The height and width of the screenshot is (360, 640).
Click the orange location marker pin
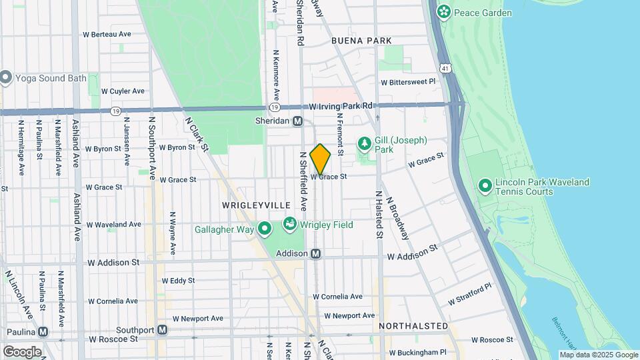point(320,159)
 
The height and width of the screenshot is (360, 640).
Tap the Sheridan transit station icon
point(298,121)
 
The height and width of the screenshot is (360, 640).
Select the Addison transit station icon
point(316,253)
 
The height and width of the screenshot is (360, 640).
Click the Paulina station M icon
point(43,331)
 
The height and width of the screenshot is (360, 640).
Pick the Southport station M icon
point(162,330)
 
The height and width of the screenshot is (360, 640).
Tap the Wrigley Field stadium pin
point(290,224)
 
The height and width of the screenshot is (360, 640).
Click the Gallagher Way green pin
point(265,229)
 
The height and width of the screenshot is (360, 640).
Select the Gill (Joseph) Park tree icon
point(364,143)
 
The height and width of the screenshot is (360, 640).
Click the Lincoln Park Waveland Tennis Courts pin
point(485,185)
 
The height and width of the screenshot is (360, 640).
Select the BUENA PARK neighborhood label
point(361,41)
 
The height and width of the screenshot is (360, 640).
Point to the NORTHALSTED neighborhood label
point(413,326)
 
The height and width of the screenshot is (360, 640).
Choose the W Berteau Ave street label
point(107,34)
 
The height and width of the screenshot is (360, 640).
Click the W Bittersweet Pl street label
point(408,82)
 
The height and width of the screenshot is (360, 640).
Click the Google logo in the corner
point(22,351)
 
